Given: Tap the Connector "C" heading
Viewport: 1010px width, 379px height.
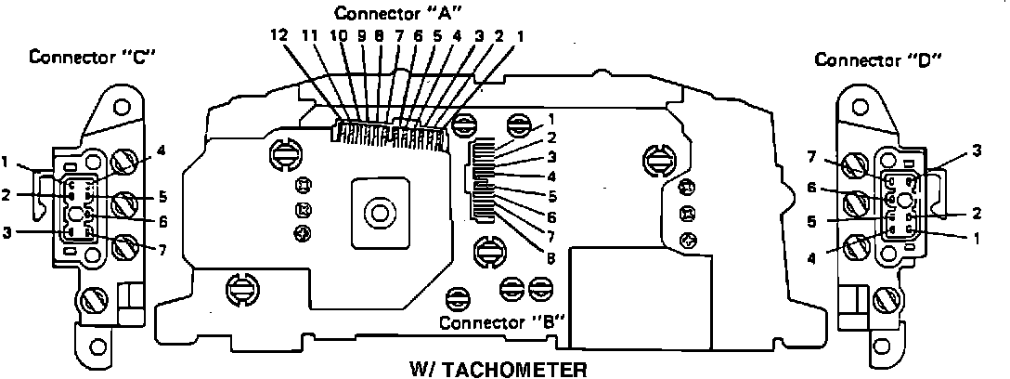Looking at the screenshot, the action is (93, 57).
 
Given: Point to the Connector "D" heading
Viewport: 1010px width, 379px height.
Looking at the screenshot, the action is (878, 60).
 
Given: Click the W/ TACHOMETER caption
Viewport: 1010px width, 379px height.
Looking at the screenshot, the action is (499, 370).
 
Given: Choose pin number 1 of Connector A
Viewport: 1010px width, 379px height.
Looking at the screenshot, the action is (519, 37).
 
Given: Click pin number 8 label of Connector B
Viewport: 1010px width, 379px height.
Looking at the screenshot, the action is (551, 258).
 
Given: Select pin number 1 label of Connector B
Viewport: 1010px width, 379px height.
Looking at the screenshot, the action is (551, 119).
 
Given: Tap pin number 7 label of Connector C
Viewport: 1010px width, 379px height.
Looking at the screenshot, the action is (163, 250).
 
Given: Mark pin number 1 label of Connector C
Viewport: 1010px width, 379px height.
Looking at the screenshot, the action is (6, 163).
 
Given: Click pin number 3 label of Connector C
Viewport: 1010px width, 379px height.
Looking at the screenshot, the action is (6, 232).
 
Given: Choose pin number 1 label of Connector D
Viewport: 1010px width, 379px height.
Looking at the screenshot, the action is (977, 238).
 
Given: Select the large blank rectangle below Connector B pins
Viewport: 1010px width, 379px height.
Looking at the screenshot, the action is (641, 296).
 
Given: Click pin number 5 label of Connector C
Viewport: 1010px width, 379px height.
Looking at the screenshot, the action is (163, 195).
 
